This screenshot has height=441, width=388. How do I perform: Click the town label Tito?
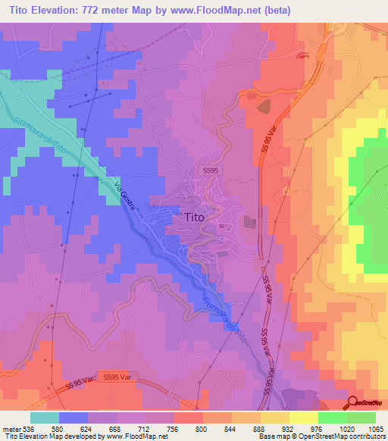coord(194,217)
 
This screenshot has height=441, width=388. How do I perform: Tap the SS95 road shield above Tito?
coord(210,172)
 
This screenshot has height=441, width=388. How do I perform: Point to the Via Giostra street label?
coord(127,199)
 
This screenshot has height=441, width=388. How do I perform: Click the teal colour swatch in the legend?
coord(44,418)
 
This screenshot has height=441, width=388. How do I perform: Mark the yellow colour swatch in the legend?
coord(303,418)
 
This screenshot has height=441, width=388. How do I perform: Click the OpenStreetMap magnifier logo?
coord(353,402)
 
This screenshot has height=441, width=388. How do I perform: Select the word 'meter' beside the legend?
coord(12,429)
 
